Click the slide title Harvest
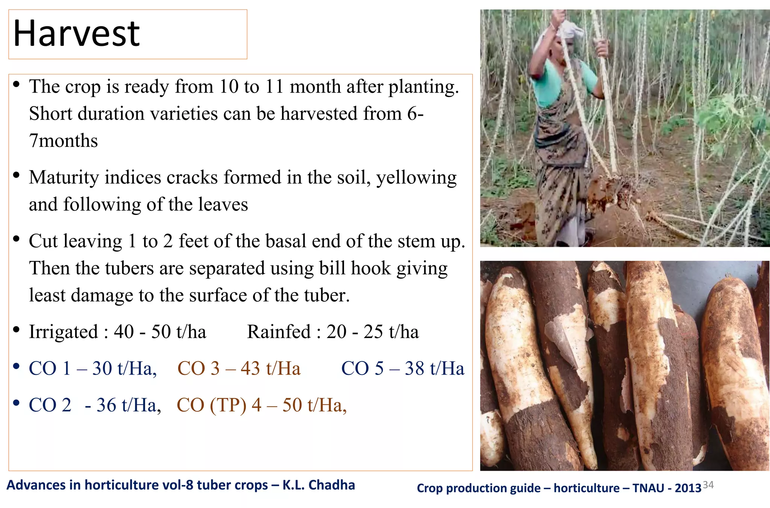76,34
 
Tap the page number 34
708,485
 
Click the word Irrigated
63,332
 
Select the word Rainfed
279,332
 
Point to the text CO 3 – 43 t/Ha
239,369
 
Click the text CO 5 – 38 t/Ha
402,369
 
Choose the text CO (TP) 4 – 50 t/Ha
261,405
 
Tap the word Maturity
64,178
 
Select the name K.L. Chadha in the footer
318,485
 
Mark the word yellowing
416,178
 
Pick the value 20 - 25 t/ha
372,332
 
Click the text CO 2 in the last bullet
50,405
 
